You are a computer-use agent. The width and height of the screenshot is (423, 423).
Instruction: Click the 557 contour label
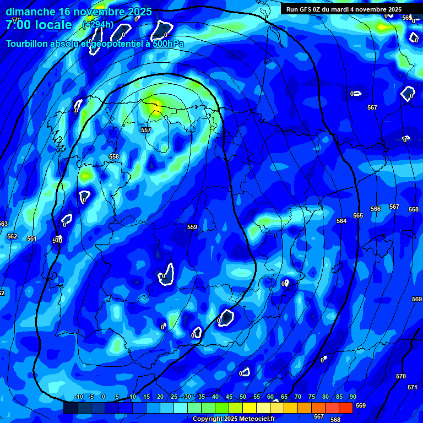pos(146,130)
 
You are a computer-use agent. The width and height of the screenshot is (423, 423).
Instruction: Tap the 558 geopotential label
pos(114,156)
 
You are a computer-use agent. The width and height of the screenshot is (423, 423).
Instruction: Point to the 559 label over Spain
pos(192,227)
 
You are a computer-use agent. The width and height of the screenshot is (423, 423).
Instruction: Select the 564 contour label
pos(341,221)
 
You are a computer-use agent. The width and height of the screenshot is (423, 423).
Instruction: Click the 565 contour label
pos(358,215)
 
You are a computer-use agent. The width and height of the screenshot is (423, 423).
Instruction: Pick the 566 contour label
pos(376,209)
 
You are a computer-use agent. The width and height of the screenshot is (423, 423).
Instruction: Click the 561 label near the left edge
pos(31,238)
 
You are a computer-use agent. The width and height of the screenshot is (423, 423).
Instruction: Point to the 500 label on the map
pos(57,240)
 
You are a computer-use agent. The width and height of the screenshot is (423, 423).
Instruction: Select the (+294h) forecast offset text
pos(97,25)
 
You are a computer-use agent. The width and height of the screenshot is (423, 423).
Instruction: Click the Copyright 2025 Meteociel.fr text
pos(234,419)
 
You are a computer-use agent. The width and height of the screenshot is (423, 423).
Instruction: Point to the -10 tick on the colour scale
pos(78,397)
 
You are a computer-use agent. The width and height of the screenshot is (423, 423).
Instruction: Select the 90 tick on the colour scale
pos(352,397)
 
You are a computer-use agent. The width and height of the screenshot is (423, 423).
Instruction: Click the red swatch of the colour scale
pos(345,408)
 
